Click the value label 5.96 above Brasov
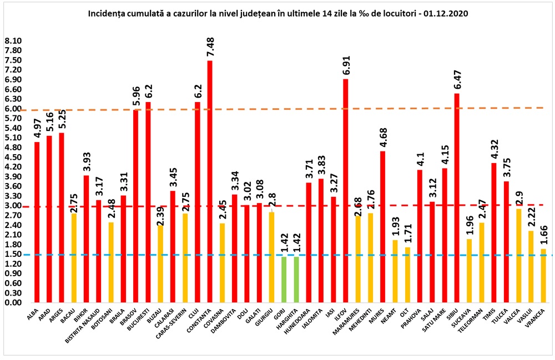pyautogui.click(x=137, y=95)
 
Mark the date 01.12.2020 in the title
pyautogui.click(x=444, y=12)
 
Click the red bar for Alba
pyautogui.click(x=37, y=222)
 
